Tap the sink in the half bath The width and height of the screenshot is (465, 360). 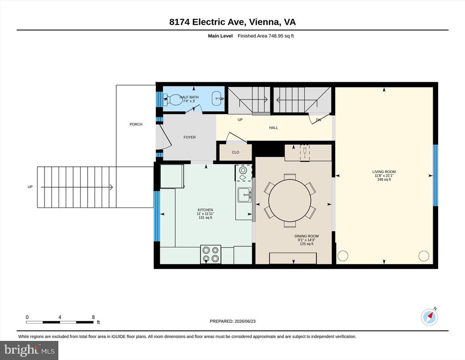[218, 98]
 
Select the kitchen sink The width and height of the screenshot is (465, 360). [245, 195]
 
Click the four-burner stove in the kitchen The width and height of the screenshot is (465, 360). [211, 254]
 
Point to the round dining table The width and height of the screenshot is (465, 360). [290, 200]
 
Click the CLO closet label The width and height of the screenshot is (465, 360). [236, 152]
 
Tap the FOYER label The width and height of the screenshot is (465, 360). [189, 137]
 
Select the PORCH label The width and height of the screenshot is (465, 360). [136, 125]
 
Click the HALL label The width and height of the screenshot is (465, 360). [273, 128]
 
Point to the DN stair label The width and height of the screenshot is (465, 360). [318, 120]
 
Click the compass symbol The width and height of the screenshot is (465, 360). [430, 317]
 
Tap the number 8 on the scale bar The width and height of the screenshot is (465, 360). [93, 317]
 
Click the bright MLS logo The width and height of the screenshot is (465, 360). [29, 350]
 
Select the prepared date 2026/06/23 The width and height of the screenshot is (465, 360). [245, 321]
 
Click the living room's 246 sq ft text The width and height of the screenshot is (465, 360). [384, 180]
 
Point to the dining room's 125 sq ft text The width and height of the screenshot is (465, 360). [307, 244]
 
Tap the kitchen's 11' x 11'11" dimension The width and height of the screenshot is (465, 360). [205, 214]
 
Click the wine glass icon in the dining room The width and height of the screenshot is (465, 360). [305, 152]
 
